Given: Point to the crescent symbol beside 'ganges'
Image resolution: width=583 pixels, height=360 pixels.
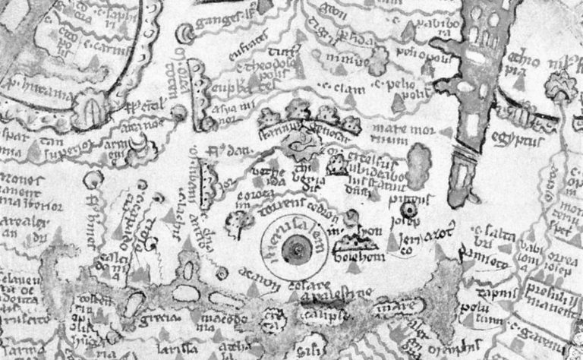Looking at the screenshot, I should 185,33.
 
